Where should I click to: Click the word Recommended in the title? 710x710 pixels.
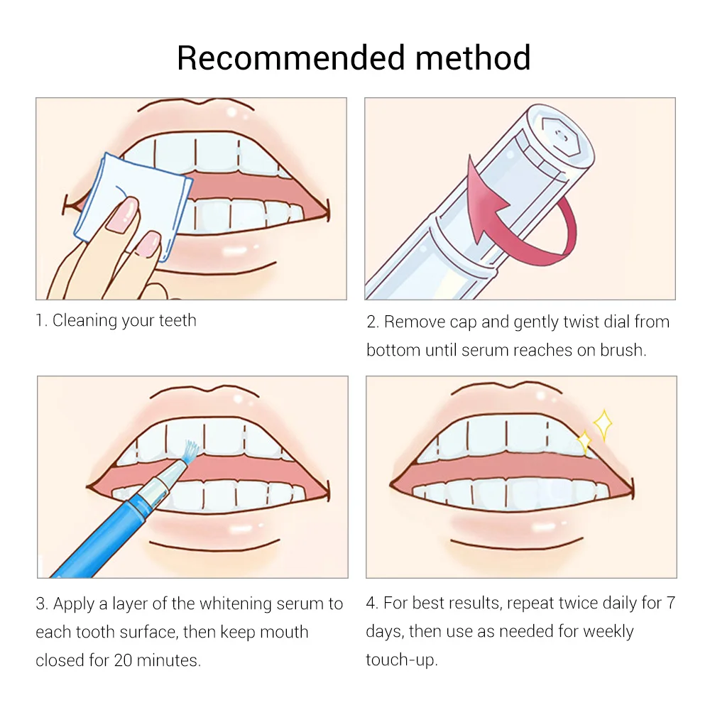(x=290, y=58)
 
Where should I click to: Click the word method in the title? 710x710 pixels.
(x=473, y=58)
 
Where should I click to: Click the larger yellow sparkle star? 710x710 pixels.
(x=603, y=425)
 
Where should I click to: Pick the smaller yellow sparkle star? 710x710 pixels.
(x=584, y=442)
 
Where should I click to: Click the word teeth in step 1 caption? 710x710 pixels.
(x=177, y=320)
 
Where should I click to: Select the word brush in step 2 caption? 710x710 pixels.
(x=622, y=349)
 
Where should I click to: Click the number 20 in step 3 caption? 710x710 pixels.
(x=123, y=660)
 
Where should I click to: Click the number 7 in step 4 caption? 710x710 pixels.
(x=671, y=603)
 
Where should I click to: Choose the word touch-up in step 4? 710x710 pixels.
(x=402, y=660)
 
